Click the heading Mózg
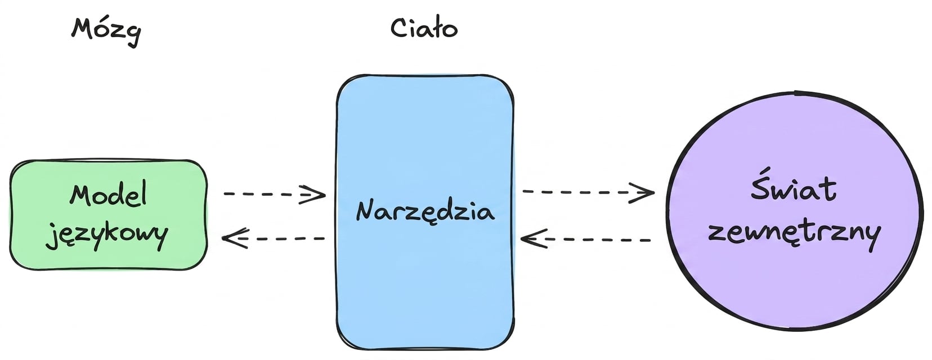(x=106, y=31)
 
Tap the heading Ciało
(x=424, y=29)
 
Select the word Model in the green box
(x=108, y=195)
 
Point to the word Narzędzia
(x=425, y=211)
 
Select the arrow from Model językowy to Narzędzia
(x=275, y=194)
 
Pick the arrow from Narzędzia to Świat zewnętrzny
(x=588, y=192)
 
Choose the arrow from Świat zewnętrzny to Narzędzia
(x=585, y=240)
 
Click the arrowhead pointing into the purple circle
(x=643, y=193)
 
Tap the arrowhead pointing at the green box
(x=235, y=238)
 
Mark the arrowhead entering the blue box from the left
(x=313, y=194)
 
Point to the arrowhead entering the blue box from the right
(x=534, y=239)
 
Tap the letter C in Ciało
(x=398, y=29)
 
